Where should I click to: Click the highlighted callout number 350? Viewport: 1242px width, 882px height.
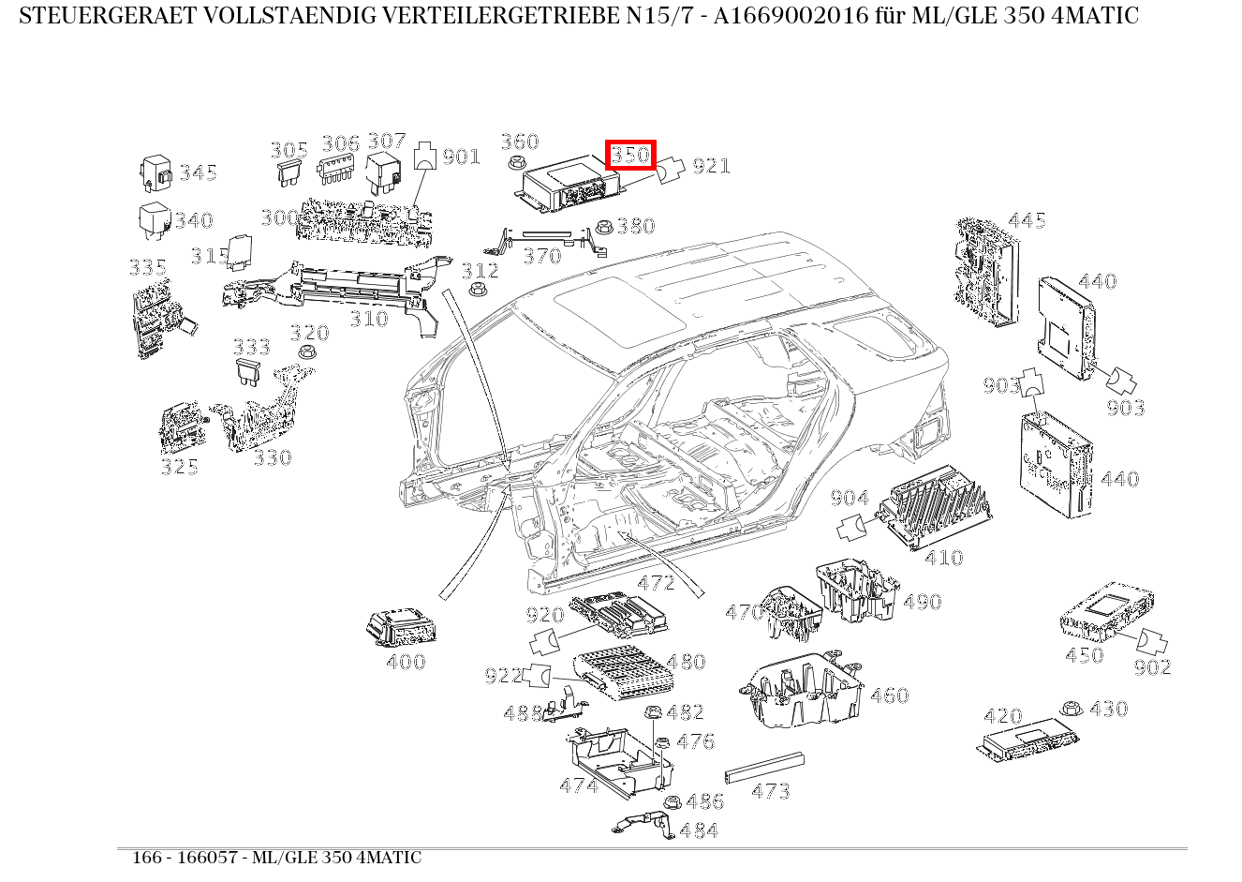click(x=630, y=155)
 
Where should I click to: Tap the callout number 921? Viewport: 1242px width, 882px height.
click(x=711, y=166)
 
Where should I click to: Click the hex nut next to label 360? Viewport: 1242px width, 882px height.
click(x=514, y=164)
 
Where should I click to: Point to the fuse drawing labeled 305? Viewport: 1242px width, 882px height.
click(x=288, y=172)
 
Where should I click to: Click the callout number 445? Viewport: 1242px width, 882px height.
click(x=1027, y=220)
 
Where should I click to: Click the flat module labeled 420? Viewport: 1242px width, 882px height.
click(x=1025, y=740)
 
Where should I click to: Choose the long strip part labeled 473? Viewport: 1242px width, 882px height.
click(x=764, y=768)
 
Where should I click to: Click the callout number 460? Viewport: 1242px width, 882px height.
click(x=889, y=695)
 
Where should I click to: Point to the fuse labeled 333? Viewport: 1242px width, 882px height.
click(x=249, y=371)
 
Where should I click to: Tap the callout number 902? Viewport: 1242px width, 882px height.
click(x=1152, y=667)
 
